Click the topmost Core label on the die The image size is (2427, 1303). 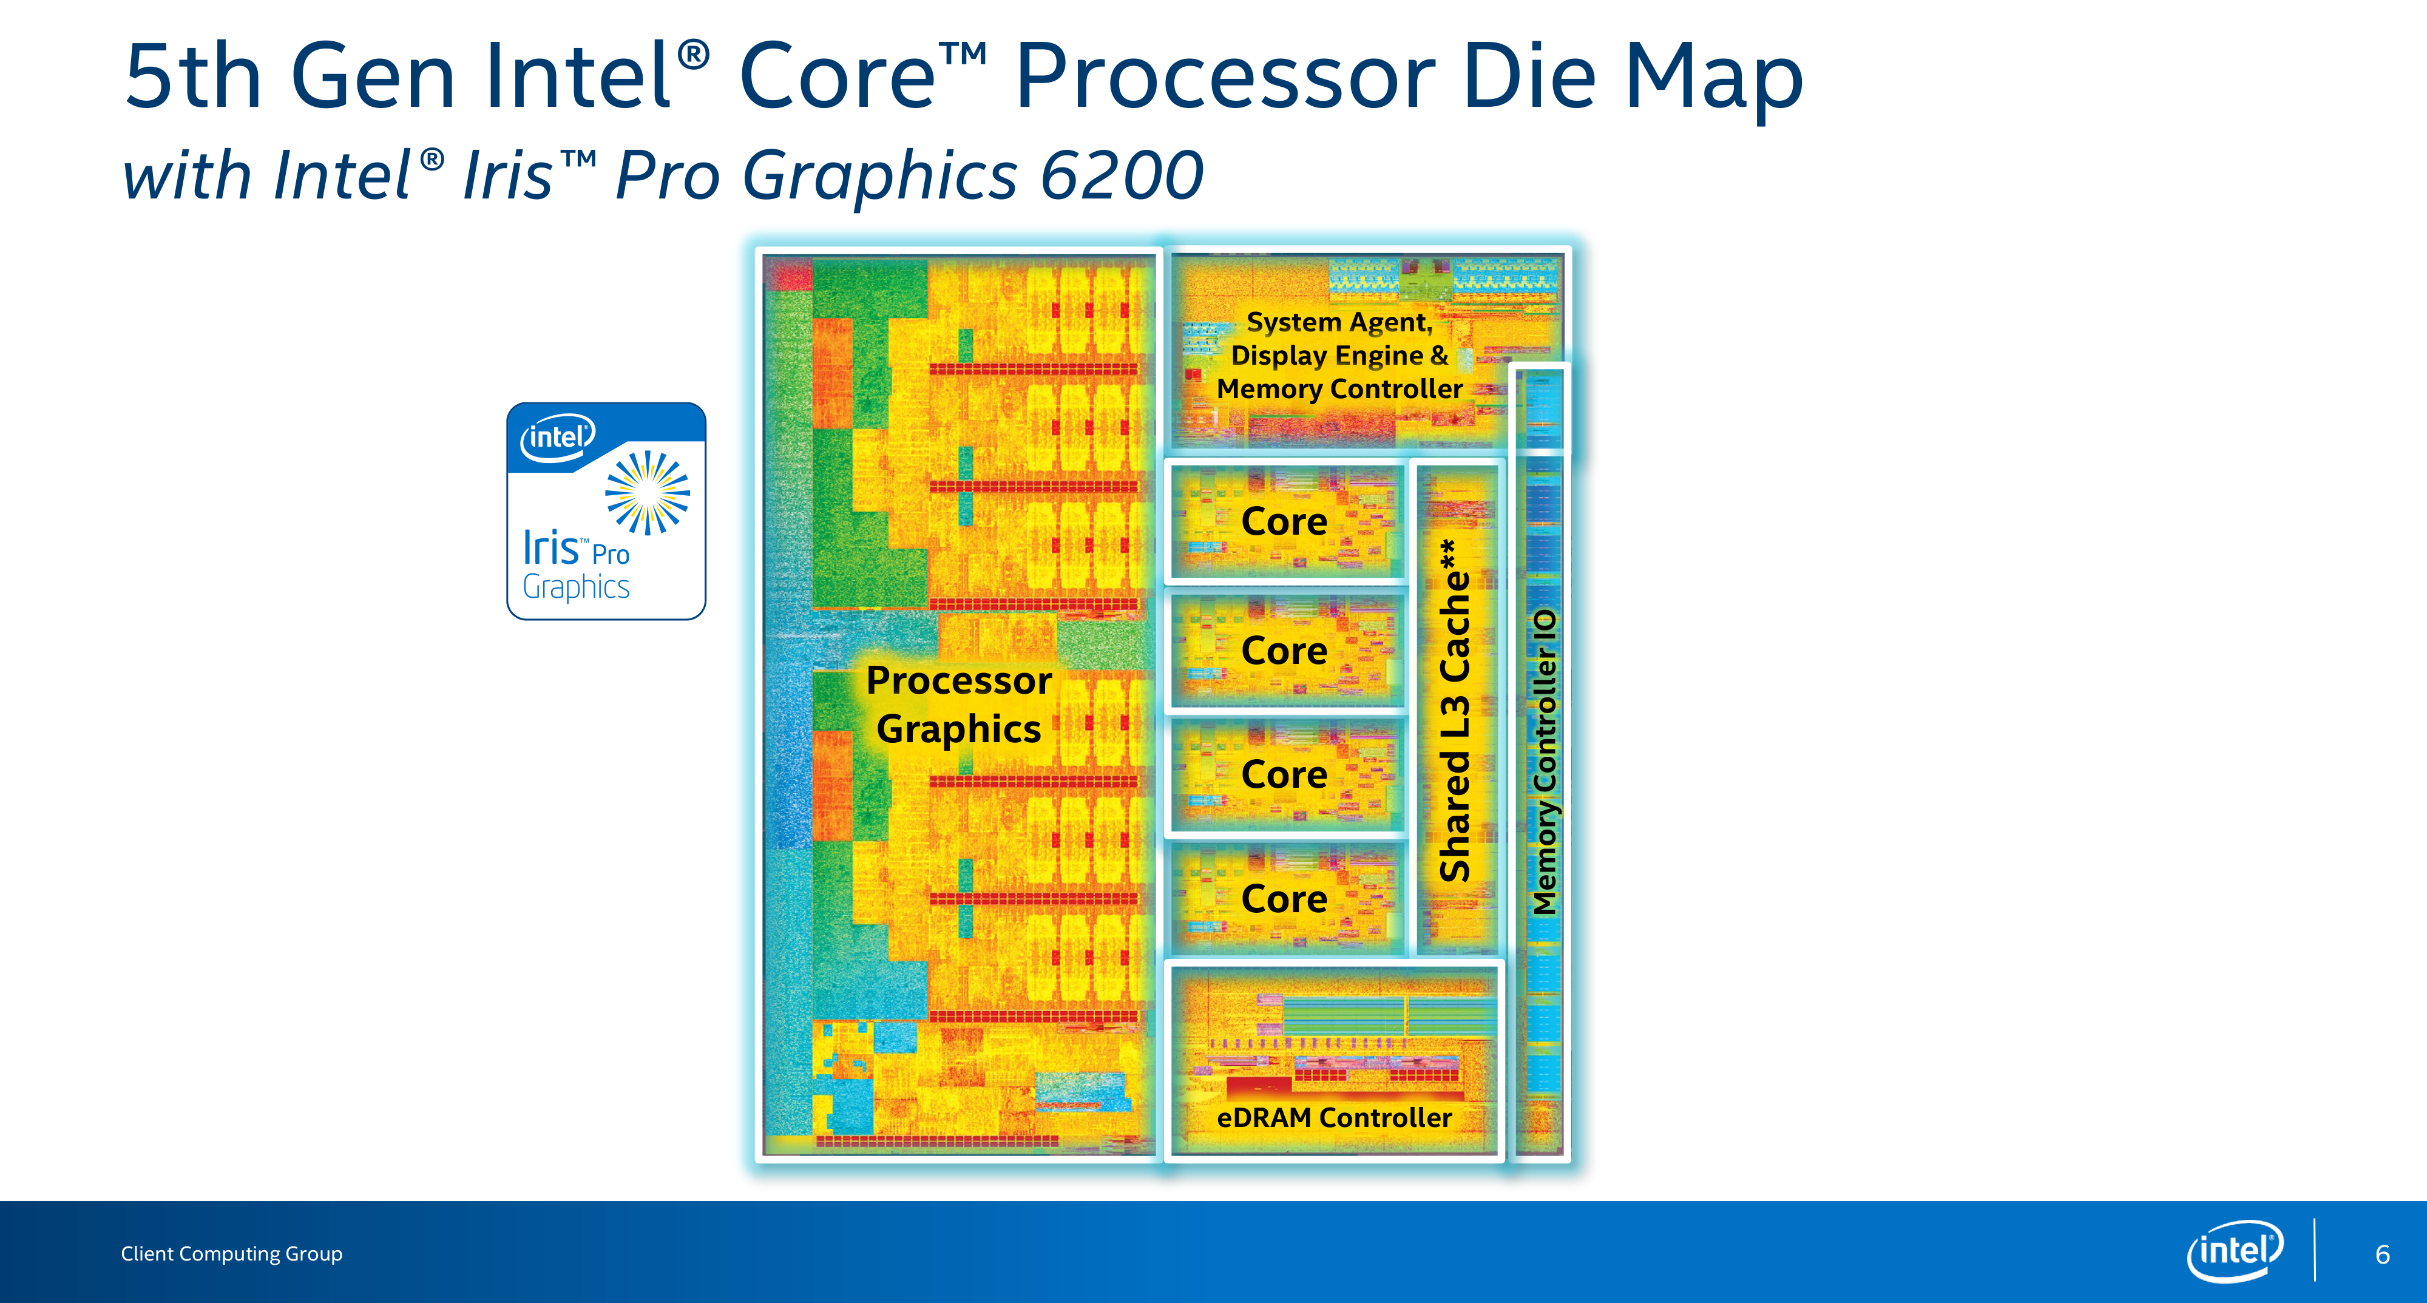pos(1284,521)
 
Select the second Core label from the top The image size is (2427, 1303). pos(1284,650)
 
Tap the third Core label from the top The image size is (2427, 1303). pos(1284,774)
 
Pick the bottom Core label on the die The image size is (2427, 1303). pos(1284,899)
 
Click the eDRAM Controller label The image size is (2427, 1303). pos(1334,1117)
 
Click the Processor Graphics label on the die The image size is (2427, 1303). pos(959,705)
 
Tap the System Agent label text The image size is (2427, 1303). pos(1340,322)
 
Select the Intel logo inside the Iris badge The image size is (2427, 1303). pos(558,437)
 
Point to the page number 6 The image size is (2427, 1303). pos(2383,1254)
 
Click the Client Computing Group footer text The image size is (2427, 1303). pos(232,1254)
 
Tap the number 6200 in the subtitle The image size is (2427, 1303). pos(1121,175)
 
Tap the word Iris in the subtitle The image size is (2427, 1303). pos(508,175)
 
